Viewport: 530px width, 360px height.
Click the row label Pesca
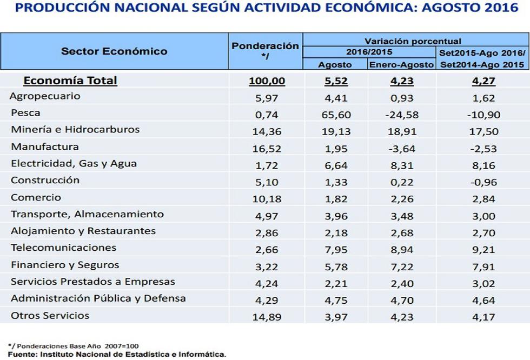[25, 114]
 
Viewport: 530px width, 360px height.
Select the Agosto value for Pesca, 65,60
[336, 115]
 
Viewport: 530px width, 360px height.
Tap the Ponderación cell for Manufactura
[267, 148]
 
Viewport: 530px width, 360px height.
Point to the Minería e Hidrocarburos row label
[75, 130]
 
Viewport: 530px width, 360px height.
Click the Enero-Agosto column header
[401, 64]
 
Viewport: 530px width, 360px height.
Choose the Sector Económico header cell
[114, 51]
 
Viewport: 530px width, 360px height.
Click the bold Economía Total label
[70, 81]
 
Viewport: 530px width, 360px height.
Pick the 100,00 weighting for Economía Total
[267, 81]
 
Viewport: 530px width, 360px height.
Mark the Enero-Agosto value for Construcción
[401, 182]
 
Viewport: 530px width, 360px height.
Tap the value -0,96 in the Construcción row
[483, 182]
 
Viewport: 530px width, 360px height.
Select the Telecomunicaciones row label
[63, 248]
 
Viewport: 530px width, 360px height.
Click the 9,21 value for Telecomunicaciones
[483, 249]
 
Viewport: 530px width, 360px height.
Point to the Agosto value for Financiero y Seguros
[336, 266]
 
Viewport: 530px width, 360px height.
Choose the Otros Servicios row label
[50, 316]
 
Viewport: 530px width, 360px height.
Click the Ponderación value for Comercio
[267, 198]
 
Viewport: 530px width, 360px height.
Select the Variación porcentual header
[413, 41]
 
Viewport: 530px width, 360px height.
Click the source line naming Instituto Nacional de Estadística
[117, 355]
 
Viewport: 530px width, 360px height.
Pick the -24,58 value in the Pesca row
[401, 115]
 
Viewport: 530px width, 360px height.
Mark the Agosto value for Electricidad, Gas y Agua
[336, 165]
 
